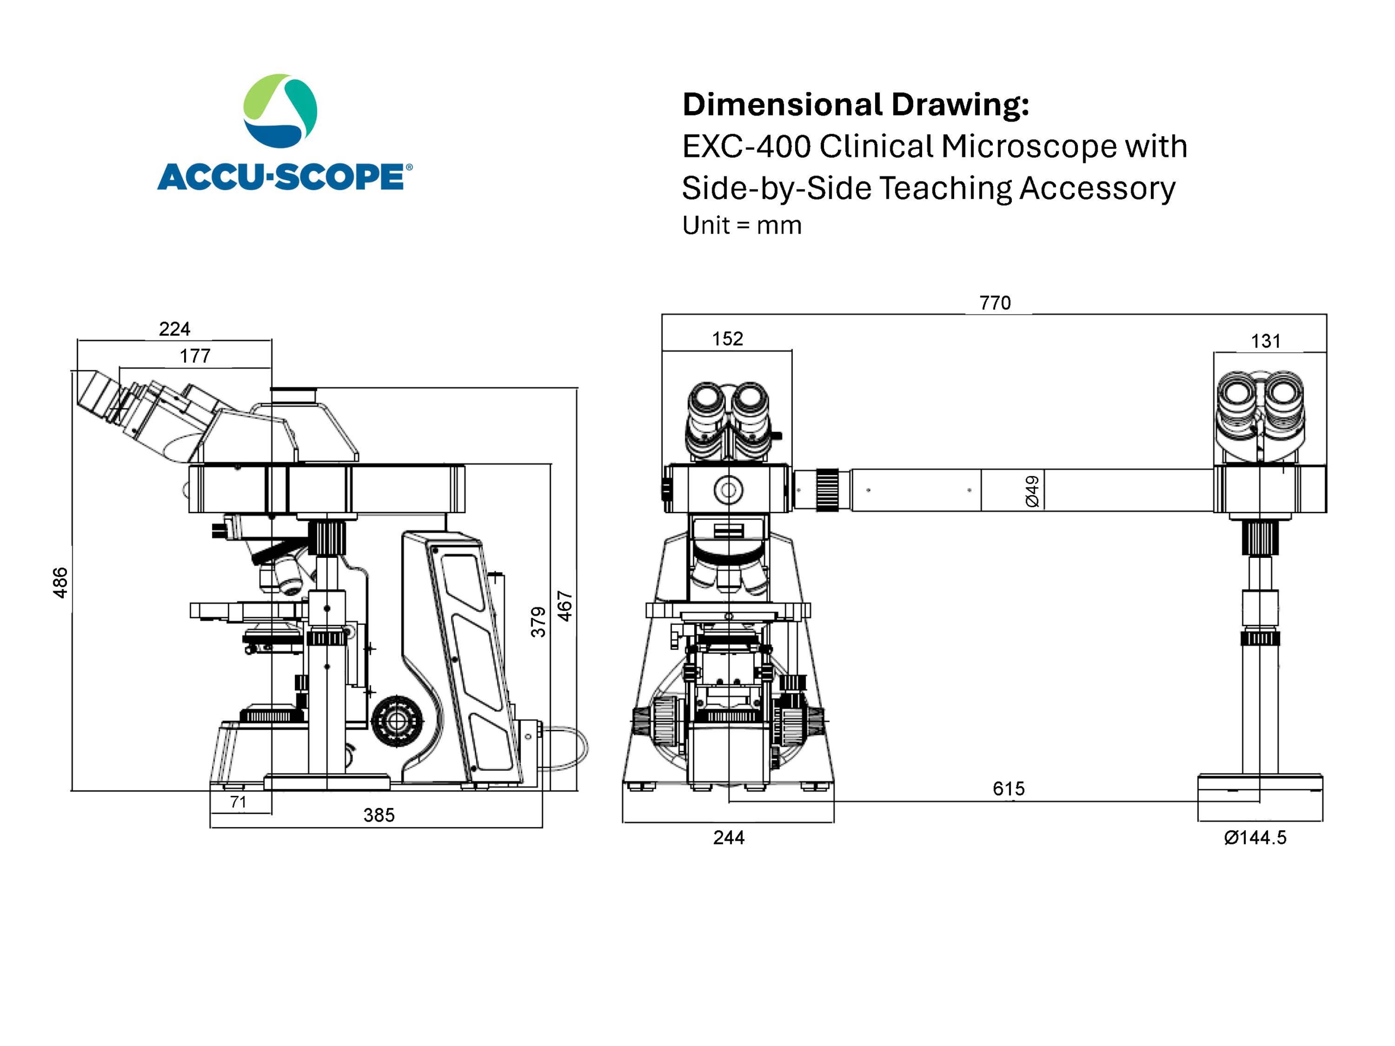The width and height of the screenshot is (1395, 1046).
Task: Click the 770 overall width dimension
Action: coord(994,303)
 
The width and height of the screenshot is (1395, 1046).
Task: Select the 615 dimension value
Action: coord(1009,789)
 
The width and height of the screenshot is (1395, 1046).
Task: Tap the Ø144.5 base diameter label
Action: coord(1254,838)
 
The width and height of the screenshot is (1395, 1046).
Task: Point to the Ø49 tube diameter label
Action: coord(1033,491)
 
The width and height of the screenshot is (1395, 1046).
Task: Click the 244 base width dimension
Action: coord(729,838)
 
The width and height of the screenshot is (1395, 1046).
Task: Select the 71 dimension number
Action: coord(238,802)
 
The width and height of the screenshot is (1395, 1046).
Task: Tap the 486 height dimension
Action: coord(60,582)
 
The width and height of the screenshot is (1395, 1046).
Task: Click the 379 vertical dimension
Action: coord(538,622)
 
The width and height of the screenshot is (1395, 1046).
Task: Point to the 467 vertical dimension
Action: coord(565,606)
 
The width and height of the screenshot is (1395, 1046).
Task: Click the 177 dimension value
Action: coord(195,356)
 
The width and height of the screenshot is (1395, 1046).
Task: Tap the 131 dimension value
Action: coord(1265,342)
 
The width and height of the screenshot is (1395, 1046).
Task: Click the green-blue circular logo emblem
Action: coord(281,111)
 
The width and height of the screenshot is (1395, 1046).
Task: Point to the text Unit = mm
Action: coord(742,226)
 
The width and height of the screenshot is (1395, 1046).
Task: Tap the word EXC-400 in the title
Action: coord(746,147)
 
